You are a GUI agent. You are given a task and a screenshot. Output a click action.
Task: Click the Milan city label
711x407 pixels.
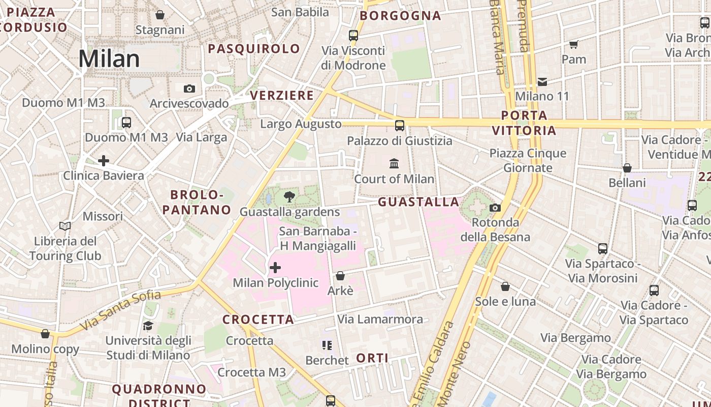(x=109, y=59)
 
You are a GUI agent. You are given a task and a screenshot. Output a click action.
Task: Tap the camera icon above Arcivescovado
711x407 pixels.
(x=189, y=89)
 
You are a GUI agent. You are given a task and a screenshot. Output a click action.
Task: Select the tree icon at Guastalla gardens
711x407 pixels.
(x=289, y=197)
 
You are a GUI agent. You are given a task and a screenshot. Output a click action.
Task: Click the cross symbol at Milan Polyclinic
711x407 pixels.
(x=275, y=268)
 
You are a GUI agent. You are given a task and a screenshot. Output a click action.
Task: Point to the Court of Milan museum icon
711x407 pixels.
(x=394, y=164)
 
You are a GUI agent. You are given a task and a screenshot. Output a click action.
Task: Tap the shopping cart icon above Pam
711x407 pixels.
(x=574, y=45)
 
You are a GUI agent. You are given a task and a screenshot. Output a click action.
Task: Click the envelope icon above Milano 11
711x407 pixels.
(x=542, y=81)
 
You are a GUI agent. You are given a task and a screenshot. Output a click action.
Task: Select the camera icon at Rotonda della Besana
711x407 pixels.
(x=495, y=208)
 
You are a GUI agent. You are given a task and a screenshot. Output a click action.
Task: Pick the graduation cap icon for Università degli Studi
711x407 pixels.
(x=148, y=326)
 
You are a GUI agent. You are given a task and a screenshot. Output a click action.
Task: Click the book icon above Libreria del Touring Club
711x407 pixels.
(x=65, y=226)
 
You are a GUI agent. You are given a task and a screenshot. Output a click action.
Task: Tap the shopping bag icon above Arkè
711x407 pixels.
(x=340, y=276)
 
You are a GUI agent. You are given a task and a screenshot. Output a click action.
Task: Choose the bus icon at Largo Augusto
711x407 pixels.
(x=400, y=125)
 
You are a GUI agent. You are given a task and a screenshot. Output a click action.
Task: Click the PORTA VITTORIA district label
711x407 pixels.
(x=524, y=123)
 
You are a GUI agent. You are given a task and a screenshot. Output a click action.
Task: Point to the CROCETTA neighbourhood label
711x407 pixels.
(x=258, y=319)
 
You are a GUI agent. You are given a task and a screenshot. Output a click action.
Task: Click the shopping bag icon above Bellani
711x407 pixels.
(x=627, y=168)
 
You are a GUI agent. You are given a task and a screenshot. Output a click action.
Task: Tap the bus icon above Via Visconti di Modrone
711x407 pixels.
(x=353, y=36)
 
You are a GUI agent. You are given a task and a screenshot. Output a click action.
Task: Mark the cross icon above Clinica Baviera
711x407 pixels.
(x=104, y=161)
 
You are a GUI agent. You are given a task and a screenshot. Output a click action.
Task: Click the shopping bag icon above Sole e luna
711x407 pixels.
(x=505, y=287)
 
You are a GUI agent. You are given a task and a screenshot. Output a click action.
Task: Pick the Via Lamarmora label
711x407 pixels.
(x=380, y=319)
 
